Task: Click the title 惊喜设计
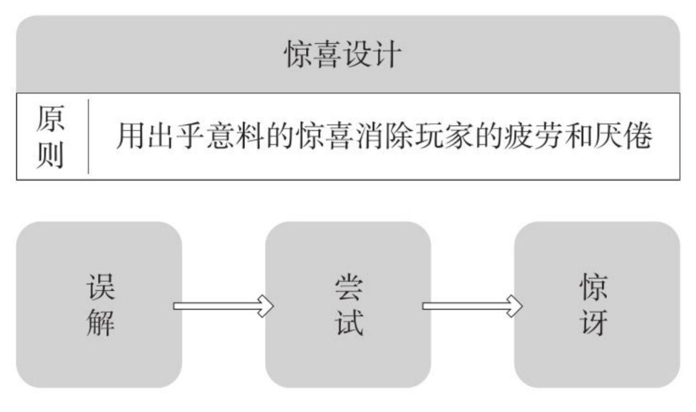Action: pyautogui.click(x=342, y=54)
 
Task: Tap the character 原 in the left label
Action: pyautogui.click(x=50, y=117)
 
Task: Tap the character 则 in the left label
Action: pyautogui.click(x=50, y=155)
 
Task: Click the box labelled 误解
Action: pyautogui.click(x=99, y=304)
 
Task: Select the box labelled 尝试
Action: pyautogui.click(x=348, y=304)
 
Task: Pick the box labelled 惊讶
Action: pyautogui.click(x=596, y=304)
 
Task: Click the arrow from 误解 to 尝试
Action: pyautogui.click(x=223, y=305)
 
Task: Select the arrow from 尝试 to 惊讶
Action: pyautogui.click(x=472, y=305)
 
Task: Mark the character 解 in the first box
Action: pyautogui.click(x=100, y=322)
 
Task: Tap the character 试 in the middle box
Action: pyautogui.click(x=349, y=322)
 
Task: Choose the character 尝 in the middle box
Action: pyautogui.click(x=349, y=286)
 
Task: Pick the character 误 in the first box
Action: pyautogui.click(x=100, y=286)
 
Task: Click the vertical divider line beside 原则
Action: pyautogui.click(x=88, y=136)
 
